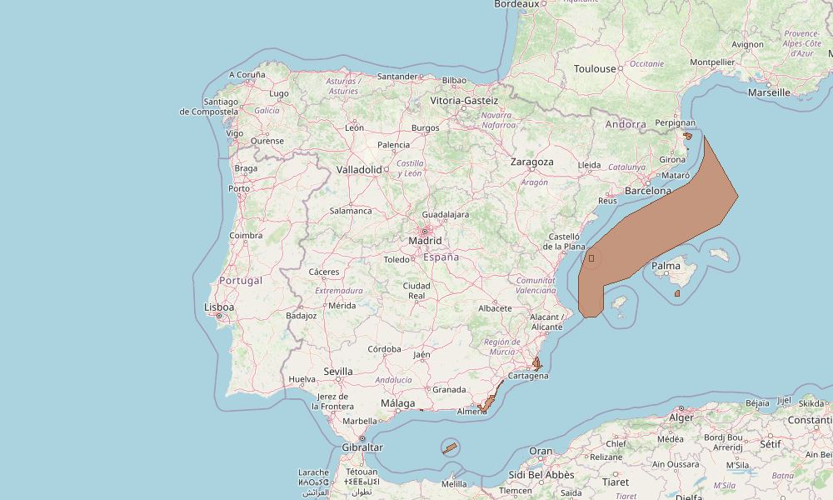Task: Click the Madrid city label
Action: click(x=425, y=241)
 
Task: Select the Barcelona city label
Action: click(x=647, y=191)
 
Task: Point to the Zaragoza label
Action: click(x=532, y=162)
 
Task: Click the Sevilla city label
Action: click(x=338, y=372)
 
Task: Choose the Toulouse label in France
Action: click(x=595, y=69)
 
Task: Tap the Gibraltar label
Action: click(x=362, y=447)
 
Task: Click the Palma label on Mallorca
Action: click(x=666, y=267)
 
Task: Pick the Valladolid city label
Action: click(x=358, y=169)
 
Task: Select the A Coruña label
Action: click(x=247, y=74)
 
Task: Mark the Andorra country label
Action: click(x=626, y=124)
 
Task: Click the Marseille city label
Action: click(x=769, y=92)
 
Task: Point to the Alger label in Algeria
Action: click(x=681, y=417)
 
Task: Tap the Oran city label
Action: click(x=541, y=452)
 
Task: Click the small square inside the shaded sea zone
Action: click(x=591, y=258)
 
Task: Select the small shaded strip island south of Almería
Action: click(x=449, y=448)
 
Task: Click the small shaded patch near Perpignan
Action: click(x=687, y=136)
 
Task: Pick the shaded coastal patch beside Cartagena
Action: click(x=537, y=364)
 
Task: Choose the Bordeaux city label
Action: click(x=516, y=4)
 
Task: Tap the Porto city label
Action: click(x=239, y=188)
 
